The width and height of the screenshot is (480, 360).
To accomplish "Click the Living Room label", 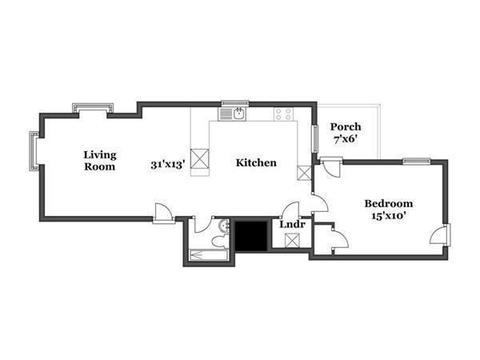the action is point(100,161).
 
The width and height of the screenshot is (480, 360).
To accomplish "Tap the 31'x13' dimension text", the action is point(167,165).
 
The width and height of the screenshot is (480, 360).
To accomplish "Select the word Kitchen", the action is point(256,163).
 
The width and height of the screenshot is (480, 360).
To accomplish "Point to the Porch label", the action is point(346,127).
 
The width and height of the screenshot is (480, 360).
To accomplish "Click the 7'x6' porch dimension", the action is point(346,139).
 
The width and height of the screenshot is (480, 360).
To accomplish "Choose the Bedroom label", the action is point(389,203).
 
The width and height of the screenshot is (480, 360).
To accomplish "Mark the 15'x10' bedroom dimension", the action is point(389,216).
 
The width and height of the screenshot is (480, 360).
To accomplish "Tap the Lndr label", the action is point(292,224).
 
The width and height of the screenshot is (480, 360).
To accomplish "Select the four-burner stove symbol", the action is point(284,114).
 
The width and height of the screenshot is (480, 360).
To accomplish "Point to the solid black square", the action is point(251,235).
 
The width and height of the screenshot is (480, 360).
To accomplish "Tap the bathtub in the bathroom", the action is point(209,255).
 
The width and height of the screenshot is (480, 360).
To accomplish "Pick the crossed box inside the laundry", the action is point(292,240).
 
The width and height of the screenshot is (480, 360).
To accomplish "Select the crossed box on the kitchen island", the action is point(200,159).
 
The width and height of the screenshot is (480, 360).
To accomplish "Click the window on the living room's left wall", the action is point(34,151).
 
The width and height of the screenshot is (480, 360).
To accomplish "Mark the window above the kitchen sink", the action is point(236,103).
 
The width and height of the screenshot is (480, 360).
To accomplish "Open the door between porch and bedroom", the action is point(332,167).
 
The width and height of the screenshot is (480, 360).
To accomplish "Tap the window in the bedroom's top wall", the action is point(417,161).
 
